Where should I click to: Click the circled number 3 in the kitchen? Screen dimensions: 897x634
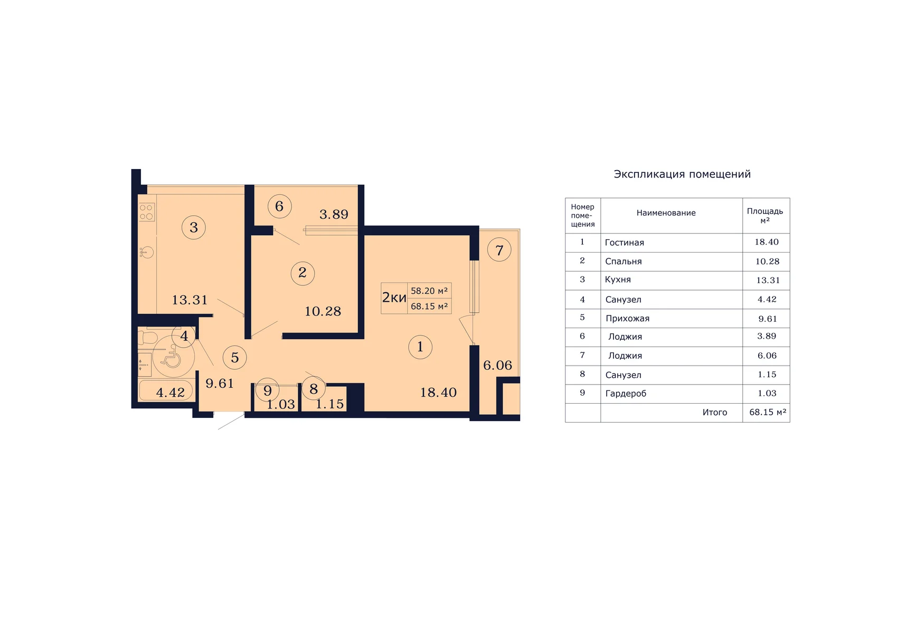click(x=194, y=228)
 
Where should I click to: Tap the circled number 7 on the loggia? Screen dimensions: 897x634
click(x=499, y=250)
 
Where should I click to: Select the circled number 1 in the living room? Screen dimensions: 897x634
click(x=420, y=347)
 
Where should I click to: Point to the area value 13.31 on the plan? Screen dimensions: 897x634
click(x=190, y=300)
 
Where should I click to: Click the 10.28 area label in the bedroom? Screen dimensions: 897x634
click(x=323, y=311)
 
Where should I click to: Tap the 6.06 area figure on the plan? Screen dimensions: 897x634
click(x=498, y=366)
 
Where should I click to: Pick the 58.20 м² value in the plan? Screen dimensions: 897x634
click(x=429, y=291)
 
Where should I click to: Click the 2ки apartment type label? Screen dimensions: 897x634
click(x=394, y=297)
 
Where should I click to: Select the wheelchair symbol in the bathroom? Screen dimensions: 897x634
click(x=173, y=356)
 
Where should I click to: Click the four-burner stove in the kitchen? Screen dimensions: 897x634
click(x=146, y=212)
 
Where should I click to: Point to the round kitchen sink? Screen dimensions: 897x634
click(x=147, y=252)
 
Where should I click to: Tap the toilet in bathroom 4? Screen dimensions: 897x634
click(x=147, y=338)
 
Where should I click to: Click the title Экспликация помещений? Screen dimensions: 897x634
click(x=682, y=174)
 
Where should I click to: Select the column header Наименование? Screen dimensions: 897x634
click(x=666, y=213)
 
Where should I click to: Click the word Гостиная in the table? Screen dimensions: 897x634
click(x=624, y=243)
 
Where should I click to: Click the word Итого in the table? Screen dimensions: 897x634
click(x=714, y=413)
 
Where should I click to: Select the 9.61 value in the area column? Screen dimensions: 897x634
click(x=767, y=319)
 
